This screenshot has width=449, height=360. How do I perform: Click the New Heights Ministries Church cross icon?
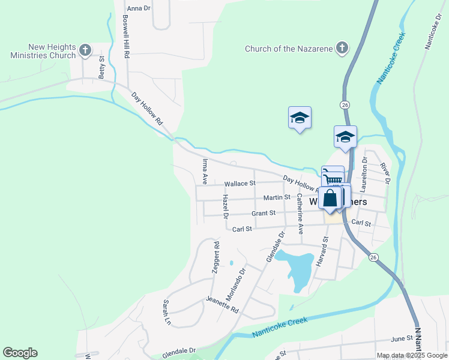[x=85, y=50]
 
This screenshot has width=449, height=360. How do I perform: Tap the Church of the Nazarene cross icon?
[x=342, y=48]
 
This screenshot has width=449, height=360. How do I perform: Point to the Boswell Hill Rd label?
[x=126, y=37]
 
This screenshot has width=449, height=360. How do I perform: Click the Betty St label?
[x=102, y=67]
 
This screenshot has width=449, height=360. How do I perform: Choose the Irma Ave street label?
[x=205, y=171]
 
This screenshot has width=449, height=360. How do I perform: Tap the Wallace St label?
[x=240, y=184]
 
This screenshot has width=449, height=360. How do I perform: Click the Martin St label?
[x=277, y=197]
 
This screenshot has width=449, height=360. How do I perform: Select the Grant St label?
[x=264, y=213]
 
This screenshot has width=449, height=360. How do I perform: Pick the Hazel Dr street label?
[x=226, y=206]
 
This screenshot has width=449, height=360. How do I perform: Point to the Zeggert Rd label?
[x=215, y=257]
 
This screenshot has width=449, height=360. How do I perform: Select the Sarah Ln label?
[x=167, y=313]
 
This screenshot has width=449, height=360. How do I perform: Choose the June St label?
[x=402, y=338]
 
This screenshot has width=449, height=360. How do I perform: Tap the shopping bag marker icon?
[x=330, y=197]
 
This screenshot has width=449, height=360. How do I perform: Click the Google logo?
[x=20, y=353]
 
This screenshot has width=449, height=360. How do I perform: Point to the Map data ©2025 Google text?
[x=412, y=355]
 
